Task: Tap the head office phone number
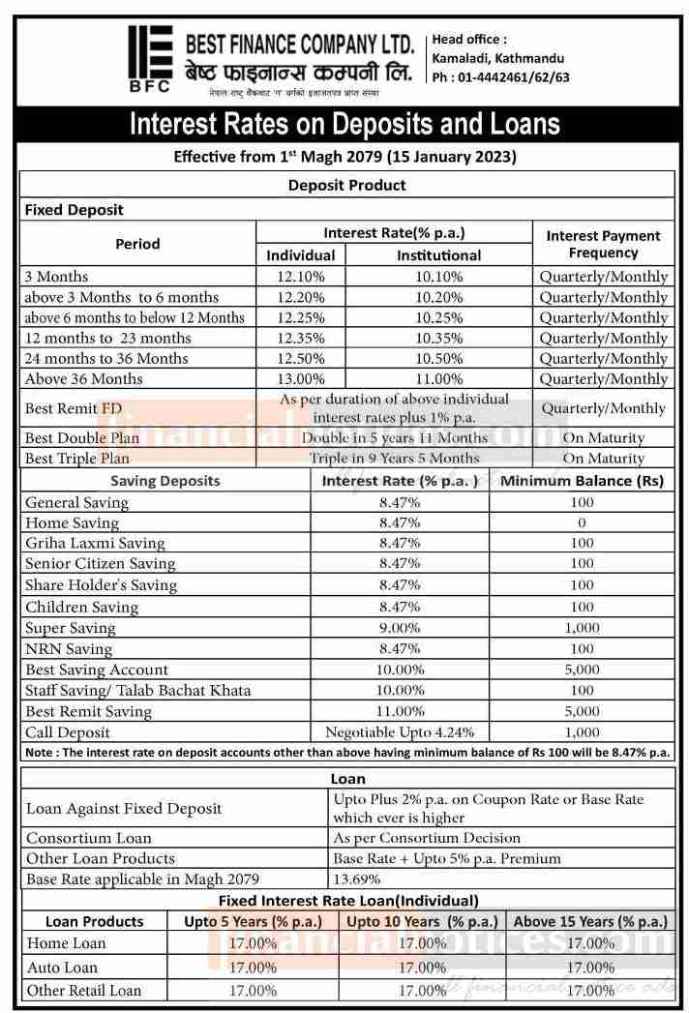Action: [500, 77]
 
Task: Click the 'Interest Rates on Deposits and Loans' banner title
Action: [344, 124]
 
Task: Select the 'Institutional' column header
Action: [438, 255]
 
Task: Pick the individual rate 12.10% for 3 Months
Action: [301, 277]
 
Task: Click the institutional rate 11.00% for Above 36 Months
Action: [438, 379]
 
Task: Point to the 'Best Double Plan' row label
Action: [77, 438]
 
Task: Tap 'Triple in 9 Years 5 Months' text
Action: [394, 459]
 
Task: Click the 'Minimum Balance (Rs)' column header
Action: [582, 481]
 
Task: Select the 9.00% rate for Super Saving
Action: [400, 628]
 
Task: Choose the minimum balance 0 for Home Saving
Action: [582, 523]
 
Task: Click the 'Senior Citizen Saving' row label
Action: [100, 564]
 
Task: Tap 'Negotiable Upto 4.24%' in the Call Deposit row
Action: [400, 733]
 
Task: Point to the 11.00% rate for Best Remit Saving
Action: [400, 712]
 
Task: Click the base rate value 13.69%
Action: [356, 879]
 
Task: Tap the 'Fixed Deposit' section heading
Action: [75, 210]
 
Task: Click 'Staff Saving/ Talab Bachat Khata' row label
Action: [137, 691]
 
